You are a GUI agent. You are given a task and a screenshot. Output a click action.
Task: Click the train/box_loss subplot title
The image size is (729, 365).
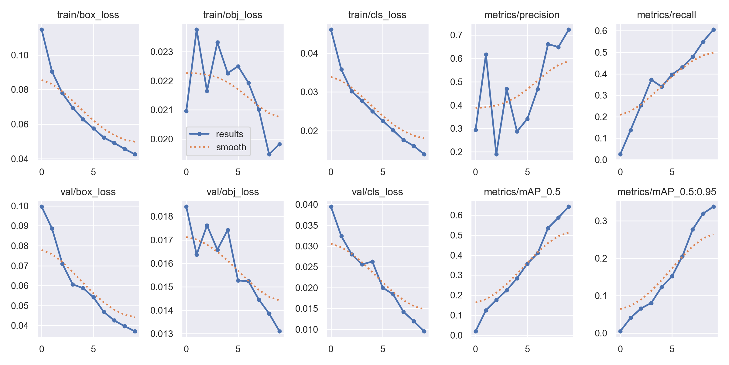pyautogui.click(x=88, y=15)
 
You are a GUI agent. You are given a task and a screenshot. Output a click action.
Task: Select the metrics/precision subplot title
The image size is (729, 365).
pyautogui.click(x=522, y=15)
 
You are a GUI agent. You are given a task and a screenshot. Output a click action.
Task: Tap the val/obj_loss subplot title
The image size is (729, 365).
pyautogui.click(x=232, y=192)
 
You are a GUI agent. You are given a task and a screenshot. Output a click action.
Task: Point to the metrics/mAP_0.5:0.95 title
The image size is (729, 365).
pyautogui.click(x=666, y=192)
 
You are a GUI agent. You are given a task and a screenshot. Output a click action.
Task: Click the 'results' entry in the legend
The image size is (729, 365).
pyautogui.click(x=229, y=134)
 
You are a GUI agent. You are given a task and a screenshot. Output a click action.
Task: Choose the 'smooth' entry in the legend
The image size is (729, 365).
pyautogui.click(x=231, y=147)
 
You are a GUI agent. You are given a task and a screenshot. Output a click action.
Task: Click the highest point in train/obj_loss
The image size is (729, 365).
pyautogui.click(x=197, y=30)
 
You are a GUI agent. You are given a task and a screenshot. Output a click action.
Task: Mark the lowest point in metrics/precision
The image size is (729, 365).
pyautogui.click(x=496, y=154)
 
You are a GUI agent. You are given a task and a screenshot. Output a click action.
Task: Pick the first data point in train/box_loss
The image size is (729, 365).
pyautogui.click(x=42, y=30)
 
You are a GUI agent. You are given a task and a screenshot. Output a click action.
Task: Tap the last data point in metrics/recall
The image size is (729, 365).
pyautogui.click(x=714, y=30)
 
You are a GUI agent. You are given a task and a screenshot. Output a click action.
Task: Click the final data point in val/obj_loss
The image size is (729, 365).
pyautogui.click(x=279, y=331)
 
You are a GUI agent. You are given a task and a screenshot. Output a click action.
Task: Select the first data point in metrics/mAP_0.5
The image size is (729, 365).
pyautogui.click(x=476, y=331)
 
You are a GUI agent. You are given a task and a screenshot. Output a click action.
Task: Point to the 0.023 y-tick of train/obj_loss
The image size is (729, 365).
pyautogui.click(x=162, y=52)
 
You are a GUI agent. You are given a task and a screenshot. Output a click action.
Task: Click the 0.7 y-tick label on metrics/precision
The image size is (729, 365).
pyautogui.click(x=456, y=35)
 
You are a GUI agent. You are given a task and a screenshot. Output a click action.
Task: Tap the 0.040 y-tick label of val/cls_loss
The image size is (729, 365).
pyautogui.click(x=306, y=205)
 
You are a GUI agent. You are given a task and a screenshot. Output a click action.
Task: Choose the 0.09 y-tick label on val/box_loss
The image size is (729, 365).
pyautogui.click(x=20, y=226)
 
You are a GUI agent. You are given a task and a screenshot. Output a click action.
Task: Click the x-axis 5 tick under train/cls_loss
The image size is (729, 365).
pyautogui.click(x=383, y=172)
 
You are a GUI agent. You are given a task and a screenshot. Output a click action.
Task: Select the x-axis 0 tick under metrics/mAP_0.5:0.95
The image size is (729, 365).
pyautogui.click(x=620, y=349)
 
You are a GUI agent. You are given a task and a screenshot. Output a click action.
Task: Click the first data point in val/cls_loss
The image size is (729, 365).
pyautogui.click(x=331, y=207)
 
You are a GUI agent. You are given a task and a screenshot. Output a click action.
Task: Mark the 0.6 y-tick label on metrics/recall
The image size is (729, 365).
pyautogui.click(x=601, y=31)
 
